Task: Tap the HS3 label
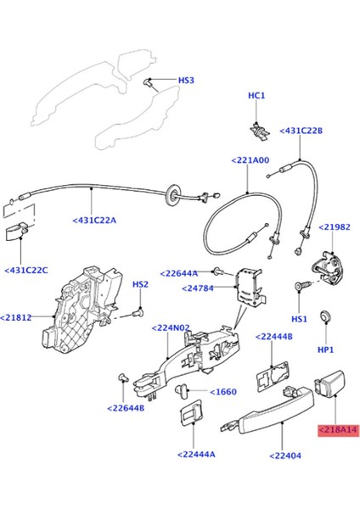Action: coord(185,81)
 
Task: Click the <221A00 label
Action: coord(250,159)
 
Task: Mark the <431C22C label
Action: coord(26,270)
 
